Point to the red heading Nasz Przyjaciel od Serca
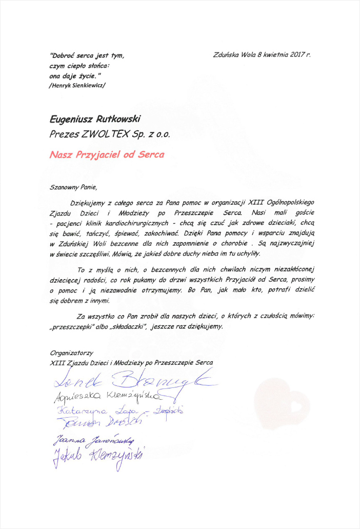pyautogui.click(x=107, y=153)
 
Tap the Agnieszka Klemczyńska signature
pyautogui.click(x=108, y=397)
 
